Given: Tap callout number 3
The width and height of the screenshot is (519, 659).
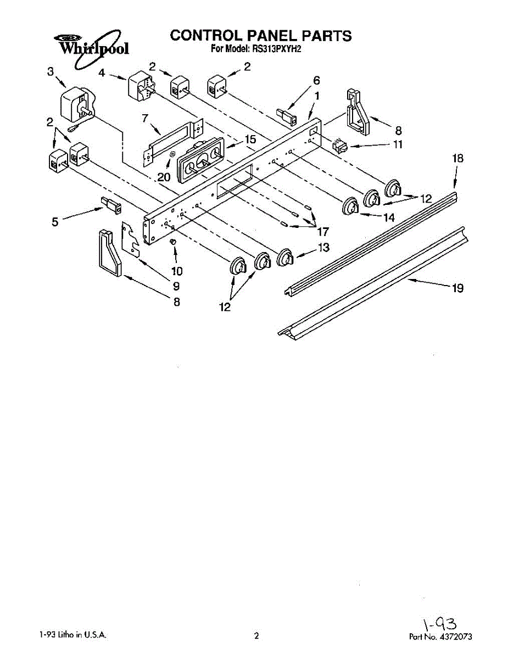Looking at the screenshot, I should pos(50,71).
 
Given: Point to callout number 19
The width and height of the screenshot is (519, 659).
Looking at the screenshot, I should pos(457,288).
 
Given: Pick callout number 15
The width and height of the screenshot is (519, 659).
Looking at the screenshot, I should pos(250,140).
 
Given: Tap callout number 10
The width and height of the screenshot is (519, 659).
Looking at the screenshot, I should pos(176,271).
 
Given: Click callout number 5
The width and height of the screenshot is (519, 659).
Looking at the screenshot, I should pos(54,222).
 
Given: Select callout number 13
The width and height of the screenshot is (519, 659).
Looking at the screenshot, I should pos(323,248).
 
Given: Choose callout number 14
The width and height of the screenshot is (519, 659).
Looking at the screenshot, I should pos(388,217).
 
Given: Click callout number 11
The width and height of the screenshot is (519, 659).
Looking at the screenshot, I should pos(398,145).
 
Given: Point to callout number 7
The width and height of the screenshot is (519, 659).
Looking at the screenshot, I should pos(146,118).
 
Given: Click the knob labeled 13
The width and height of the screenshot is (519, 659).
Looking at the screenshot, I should pos(285,256).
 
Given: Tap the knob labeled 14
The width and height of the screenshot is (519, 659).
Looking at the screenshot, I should pos(350,206).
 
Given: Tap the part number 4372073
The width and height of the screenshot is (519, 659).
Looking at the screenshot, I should pos(453,637).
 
